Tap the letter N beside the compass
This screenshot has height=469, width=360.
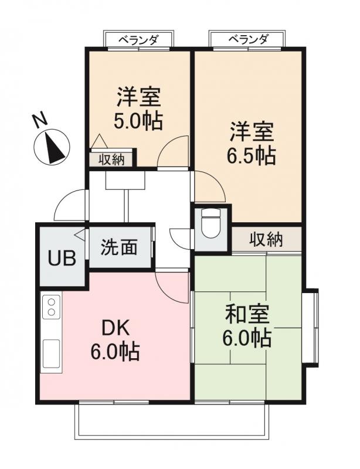click(39, 120)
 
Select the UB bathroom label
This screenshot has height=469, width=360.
click(62, 259)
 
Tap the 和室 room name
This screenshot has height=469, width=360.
click(246, 316)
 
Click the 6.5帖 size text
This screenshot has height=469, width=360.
click(252, 155)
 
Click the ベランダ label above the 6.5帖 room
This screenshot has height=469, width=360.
click(248, 40)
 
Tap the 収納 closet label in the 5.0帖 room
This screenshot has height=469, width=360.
click(111, 159)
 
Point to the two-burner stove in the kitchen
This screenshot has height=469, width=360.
click(51, 307)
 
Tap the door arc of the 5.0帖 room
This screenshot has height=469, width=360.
click(174, 152)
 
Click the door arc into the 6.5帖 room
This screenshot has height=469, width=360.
click(210, 186)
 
